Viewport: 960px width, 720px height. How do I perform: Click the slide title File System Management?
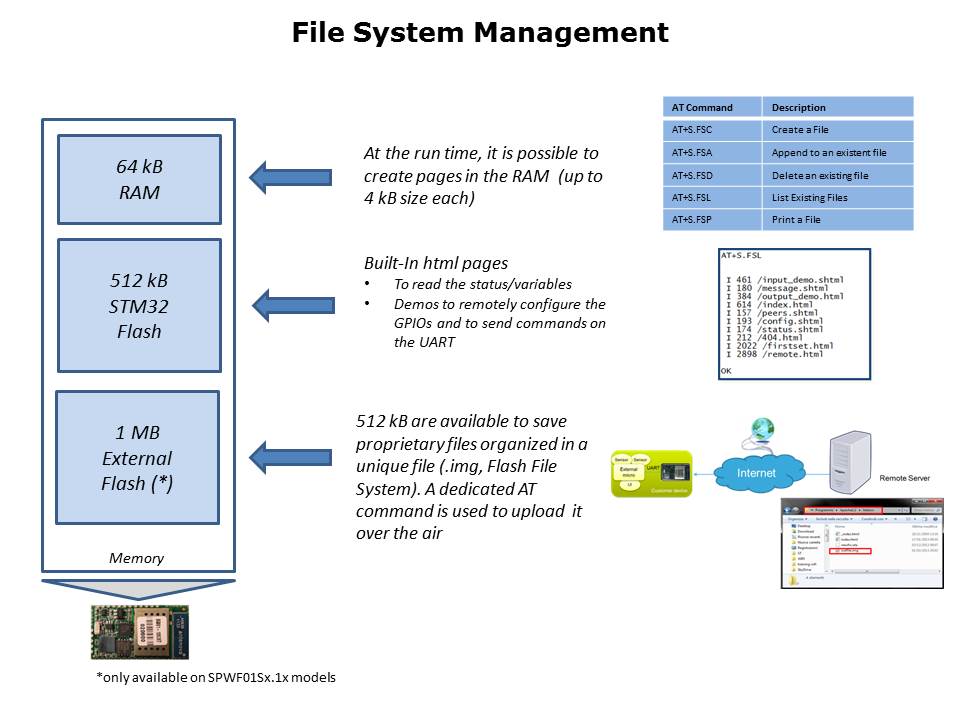coord(480,33)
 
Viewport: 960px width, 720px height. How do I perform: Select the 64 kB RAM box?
coord(139,179)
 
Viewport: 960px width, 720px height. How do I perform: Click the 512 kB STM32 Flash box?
coord(139,304)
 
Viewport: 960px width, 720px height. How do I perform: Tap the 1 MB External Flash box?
coord(137,458)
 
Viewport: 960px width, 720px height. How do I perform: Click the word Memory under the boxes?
coord(137,558)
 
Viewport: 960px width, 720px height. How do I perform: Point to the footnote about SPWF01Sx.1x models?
coord(216,678)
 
